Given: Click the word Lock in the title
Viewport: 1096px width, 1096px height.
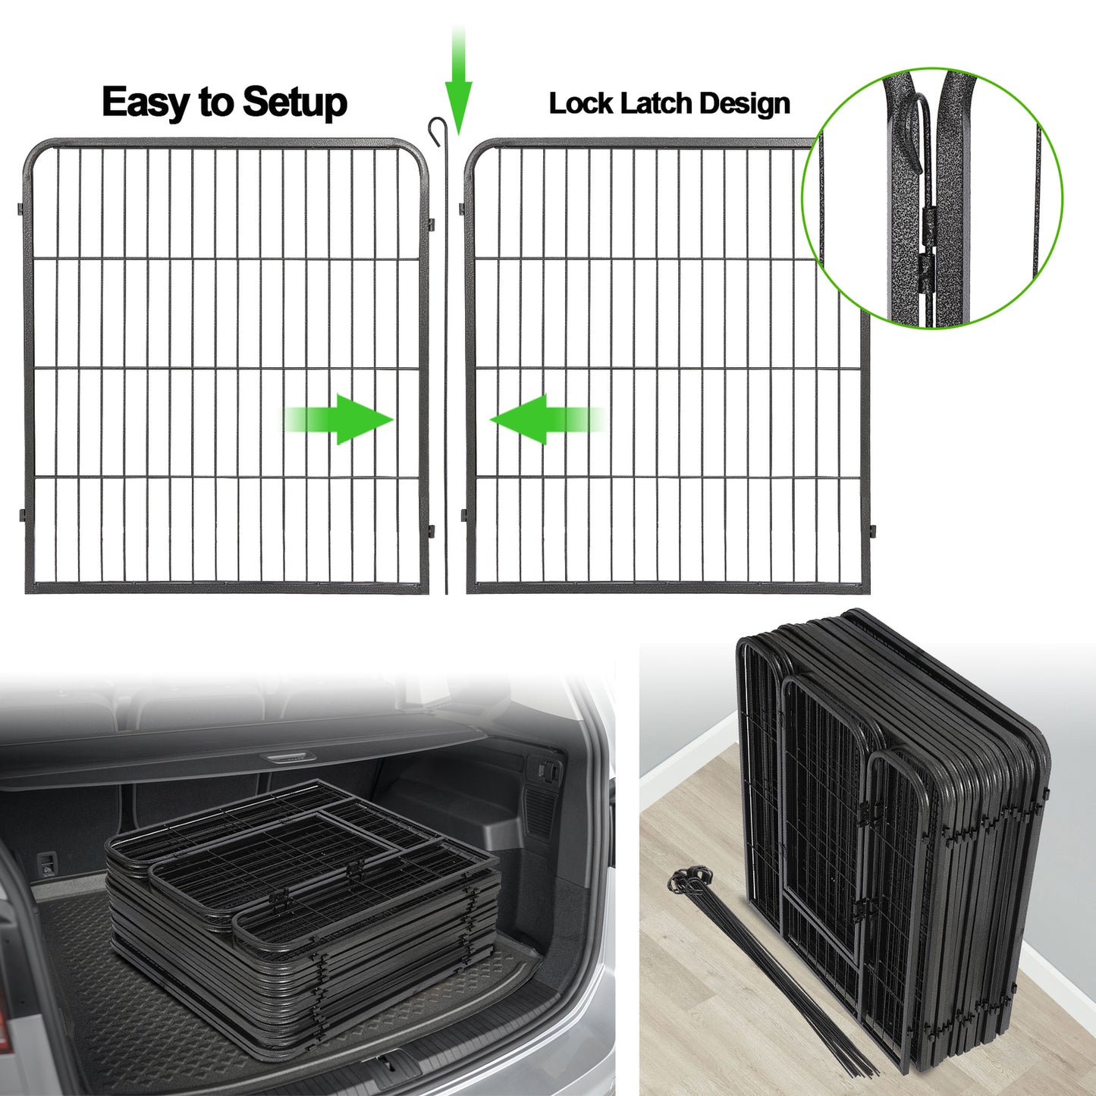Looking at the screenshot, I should (581, 103).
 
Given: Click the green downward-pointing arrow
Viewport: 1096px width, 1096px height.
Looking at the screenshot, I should (458, 83).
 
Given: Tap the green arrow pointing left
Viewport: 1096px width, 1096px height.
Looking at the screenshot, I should (546, 419).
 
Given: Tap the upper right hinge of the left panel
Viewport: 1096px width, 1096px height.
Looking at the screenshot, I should (431, 225).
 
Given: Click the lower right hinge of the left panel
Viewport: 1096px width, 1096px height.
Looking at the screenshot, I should (431, 530).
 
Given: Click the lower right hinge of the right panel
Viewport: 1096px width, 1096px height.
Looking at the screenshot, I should (872, 529).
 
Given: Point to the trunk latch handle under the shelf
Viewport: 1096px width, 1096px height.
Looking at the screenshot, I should (289, 757).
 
